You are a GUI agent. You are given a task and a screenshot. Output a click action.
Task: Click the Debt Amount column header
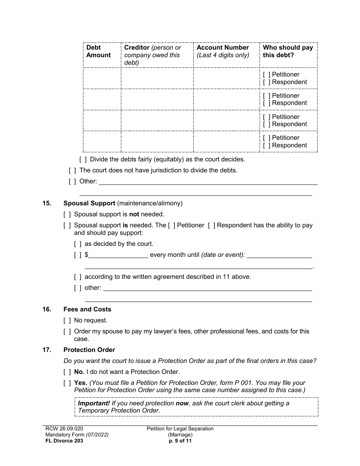click(99, 51)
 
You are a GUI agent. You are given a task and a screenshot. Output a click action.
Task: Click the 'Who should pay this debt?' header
click(288, 51)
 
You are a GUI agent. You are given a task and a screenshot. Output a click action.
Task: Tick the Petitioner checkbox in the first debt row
click(267, 75)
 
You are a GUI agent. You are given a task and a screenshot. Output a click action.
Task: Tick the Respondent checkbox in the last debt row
click(267, 145)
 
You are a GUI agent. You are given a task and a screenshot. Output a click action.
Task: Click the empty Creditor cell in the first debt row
click(157, 78)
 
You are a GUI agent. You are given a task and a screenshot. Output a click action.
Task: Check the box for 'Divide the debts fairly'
click(83, 160)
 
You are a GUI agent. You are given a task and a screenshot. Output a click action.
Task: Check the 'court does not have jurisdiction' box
click(72, 170)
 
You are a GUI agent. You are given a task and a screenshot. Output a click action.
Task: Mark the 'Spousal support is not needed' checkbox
click(67, 214)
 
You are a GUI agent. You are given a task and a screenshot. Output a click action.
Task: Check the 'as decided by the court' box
click(78, 244)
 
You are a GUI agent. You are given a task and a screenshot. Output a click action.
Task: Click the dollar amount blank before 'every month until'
click(118, 255)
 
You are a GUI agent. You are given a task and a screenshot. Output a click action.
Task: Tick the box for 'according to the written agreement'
click(78, 277)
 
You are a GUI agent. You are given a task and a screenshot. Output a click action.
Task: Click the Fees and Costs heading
click(87, 309)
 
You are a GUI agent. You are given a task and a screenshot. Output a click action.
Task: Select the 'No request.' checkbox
click(67, 321)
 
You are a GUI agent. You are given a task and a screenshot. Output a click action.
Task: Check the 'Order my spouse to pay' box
click(67, 332)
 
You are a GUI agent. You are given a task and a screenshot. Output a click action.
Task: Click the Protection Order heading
click(89, 350)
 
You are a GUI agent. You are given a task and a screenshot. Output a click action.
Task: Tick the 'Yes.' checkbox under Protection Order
click(67, 383)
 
